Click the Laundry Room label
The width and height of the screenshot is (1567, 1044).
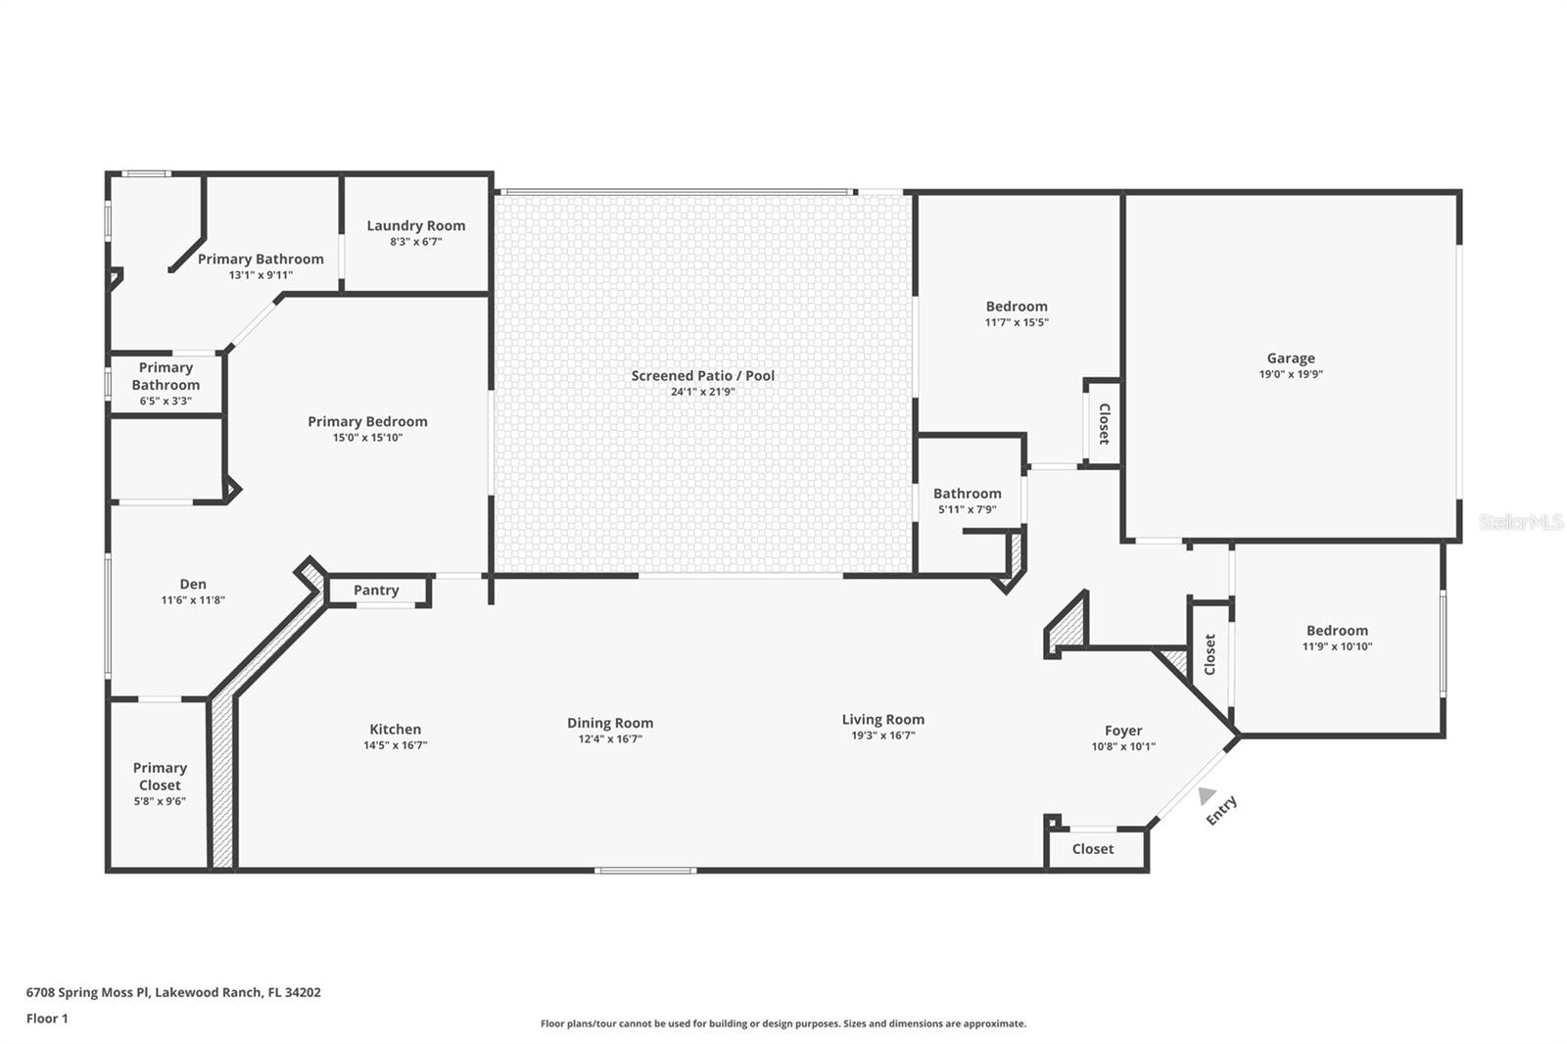pyautogui.click(x=415, y=225)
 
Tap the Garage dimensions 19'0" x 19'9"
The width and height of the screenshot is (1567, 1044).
pyautogui.click(x=1291, y=374)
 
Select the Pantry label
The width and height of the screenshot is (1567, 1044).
pyautogui.click(x=376, y=590)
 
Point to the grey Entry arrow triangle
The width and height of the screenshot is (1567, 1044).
pyautogui.click(x=1207, y=795)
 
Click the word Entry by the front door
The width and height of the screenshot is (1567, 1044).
pyautogui.click(x=1222, y=810)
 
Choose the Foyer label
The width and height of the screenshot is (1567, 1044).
pyautogui.click(x=1123, y=731)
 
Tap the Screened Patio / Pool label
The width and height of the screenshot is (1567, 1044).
pyautogui.click(x=702, y=375)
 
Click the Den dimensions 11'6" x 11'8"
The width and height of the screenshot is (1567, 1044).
pyautogui.click(x=193, y=600)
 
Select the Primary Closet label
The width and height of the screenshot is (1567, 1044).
pyautogui.click(x=160, y=777)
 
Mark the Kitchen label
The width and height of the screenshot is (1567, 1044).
pyautogui.click(x=395, y=729)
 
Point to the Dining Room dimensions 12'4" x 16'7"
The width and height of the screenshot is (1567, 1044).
pyautogui.click(x=609, y=739)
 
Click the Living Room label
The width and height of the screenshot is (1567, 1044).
pyautogui.click(x=882, y=719)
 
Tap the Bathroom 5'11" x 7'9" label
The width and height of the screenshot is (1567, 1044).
pyautogui.click(x=967, y=494)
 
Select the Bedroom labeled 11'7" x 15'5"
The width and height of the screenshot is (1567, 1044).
pyautogui.click(x=1017, y=307)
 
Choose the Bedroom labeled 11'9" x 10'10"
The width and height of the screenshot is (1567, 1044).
pyautogui.click(x=1337, y=631)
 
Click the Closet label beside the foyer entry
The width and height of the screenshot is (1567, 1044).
pyautogui.click(x=1092, y=849)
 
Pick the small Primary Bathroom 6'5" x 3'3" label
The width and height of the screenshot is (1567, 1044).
pyautogui.click(x=166, y=376)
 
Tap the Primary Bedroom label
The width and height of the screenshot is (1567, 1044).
pyautogui.click(x=367, y=421)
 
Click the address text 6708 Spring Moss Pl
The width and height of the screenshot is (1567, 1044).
pyautogui.click(x=88, y=992)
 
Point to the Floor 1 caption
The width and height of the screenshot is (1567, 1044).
pyautogui.click(x=47, y=1019)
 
